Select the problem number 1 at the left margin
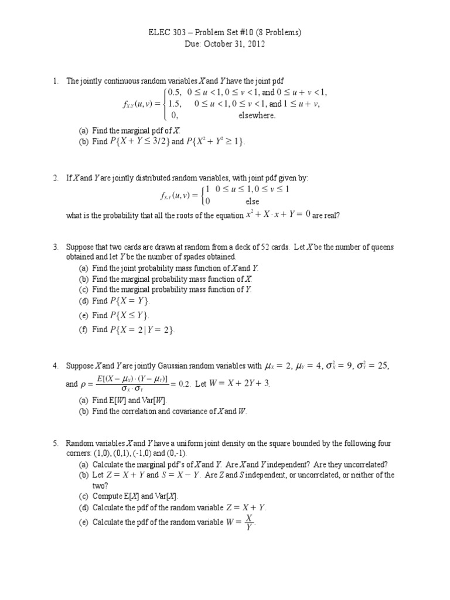point(54,81)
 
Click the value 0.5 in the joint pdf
point(175,93)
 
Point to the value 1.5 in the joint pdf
point(175,104)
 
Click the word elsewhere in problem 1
point(256,115)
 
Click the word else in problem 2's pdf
point(252,201)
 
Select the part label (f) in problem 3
point(84,330)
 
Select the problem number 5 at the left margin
point(54,444)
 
